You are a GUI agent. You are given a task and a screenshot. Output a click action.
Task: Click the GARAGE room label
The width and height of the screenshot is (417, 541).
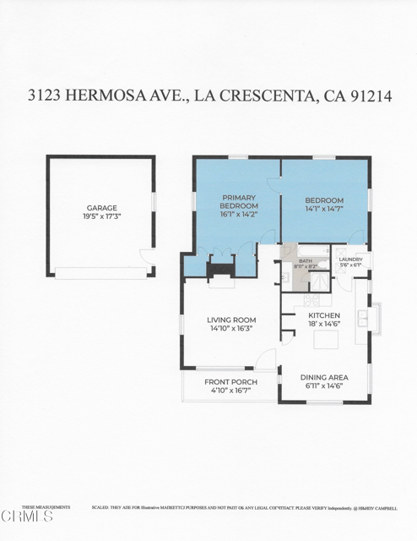101,207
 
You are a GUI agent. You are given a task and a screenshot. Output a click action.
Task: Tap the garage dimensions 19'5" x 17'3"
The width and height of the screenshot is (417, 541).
101,217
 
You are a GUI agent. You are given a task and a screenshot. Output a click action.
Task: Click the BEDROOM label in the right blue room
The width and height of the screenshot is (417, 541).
324,201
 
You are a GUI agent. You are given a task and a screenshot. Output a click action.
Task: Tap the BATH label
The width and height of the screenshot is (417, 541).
305,260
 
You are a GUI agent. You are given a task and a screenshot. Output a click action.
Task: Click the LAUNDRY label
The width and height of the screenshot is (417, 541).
349,260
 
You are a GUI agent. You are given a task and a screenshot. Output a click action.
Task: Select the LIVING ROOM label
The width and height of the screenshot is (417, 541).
231,319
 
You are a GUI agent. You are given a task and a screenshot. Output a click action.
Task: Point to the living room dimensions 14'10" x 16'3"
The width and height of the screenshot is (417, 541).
231,329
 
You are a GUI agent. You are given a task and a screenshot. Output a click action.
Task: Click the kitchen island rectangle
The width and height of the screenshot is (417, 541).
327,340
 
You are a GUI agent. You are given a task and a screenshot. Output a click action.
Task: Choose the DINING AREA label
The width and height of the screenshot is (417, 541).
325,377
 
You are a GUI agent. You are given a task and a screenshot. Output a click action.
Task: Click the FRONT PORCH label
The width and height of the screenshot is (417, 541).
230,382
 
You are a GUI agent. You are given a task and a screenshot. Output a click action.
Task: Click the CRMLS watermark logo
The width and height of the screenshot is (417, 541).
27,515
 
